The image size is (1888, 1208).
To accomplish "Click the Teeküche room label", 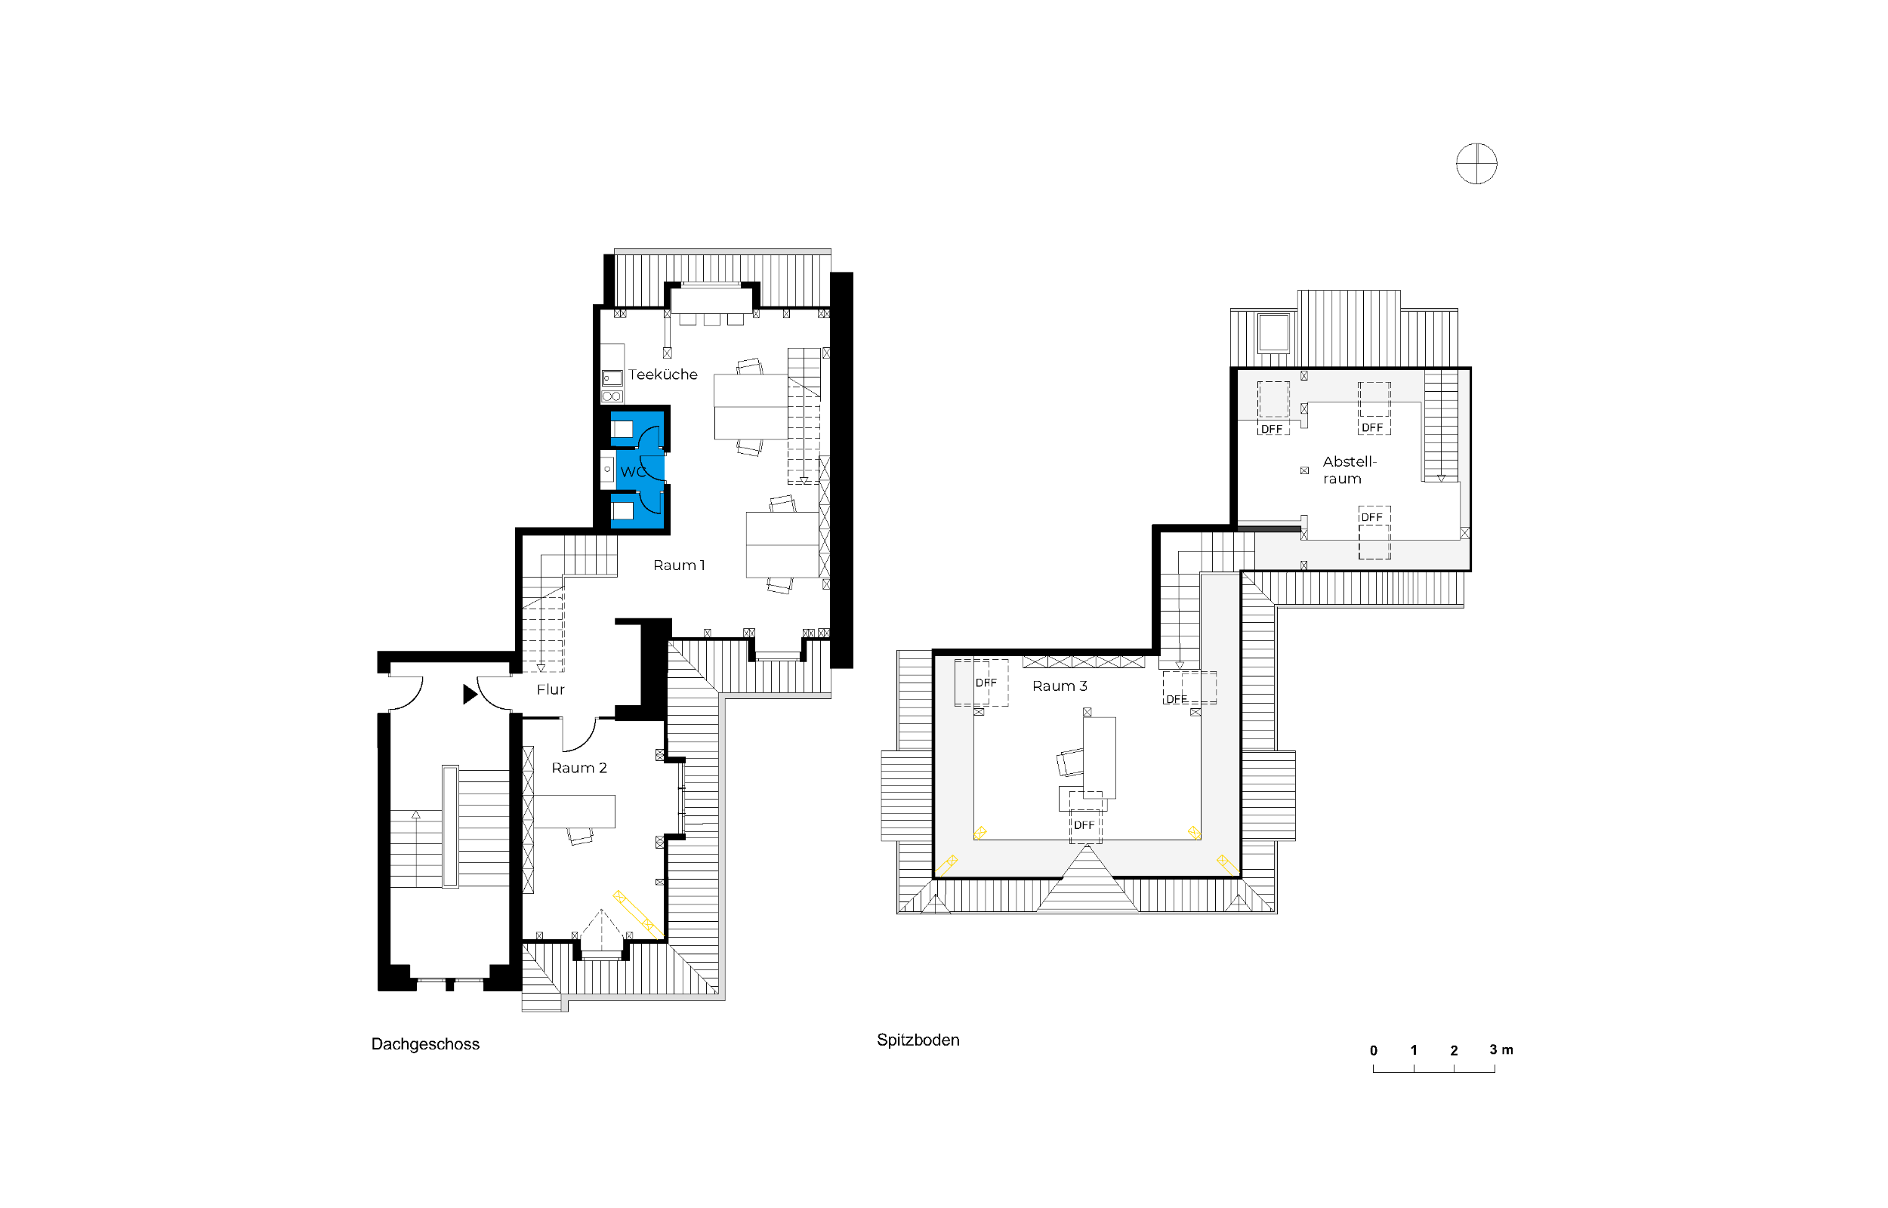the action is pyautogui.click(x=662, y=375).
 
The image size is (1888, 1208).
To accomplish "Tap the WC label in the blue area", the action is pyautogui.click(x=633, y=471).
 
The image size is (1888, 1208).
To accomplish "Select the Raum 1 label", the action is pyautogui.click(x=678, y=565).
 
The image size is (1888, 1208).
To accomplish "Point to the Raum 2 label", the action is pyautogui.click(x=579, y=768).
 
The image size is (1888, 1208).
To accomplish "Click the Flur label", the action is pyautogui.click(x=550, y=689).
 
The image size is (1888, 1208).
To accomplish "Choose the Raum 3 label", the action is pyautogui.click(x=1059, y=686).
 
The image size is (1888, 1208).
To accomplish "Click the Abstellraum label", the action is pyautogui.click(x=1349, y=470).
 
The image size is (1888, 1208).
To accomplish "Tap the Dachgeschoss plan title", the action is pyautogui.click(x=425, y=1044).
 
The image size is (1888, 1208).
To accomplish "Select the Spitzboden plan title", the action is pyautogui.click(x=918, y=1040).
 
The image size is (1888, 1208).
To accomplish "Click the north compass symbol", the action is pyautogui.click(x=1476, y=164).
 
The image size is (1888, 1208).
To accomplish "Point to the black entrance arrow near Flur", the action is pyautogui.click(x=470, y=694).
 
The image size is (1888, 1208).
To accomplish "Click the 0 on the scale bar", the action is pyautogui.click(x=1374, y=1050).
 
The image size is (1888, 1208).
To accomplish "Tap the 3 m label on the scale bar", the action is pyautogui.click(x=1501, y=1049).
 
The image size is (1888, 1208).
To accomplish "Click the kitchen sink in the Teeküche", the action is pyautogui.click(x=612, y=378).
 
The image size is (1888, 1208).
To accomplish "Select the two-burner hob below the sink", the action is pyautogui.click(x=612, y=396).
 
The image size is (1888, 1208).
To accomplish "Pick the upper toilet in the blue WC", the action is pyautogui.click(x=622, y=429).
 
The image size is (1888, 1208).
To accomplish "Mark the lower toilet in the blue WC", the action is pyautogui.click(x=622, y=510).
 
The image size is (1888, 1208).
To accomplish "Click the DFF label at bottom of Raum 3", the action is pyautogui.click(x=1084, y=825).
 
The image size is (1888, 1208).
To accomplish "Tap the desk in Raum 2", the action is pyautogui.click(x=575, y=811).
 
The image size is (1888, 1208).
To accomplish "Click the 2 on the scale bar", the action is pyautogui.click(x=1455, y=1050).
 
